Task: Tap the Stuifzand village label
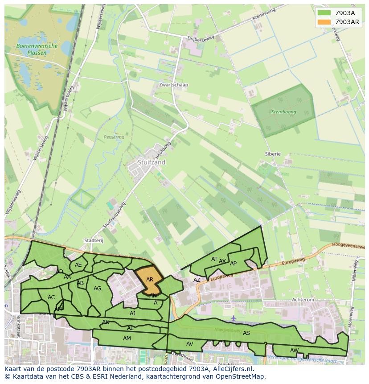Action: point(152,162)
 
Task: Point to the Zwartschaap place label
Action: point(173,85)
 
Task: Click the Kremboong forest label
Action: point(284,112)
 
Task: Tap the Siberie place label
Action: point(273,154)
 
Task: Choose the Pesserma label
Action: point(114,137)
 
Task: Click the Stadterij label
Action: point(94,240)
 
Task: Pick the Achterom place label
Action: point(303,300)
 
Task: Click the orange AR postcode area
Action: point(150,280)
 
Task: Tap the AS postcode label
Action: point(246,333)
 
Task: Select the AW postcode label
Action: point(294,350)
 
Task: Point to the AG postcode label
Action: point(98,289)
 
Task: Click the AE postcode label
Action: point(78,264)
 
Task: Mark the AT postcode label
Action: point(214,259)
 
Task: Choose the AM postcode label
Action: point(127,339)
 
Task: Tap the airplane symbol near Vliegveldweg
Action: point(234,318)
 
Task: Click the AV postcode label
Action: point(190,343)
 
